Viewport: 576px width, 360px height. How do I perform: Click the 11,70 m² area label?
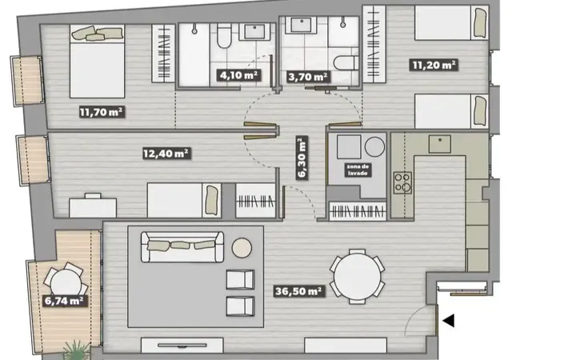click(x=102, y=112)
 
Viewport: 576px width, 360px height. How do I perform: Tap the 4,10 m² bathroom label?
click(x=239, y=76)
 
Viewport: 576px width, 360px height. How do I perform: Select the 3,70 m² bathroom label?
click(x=308, y=77)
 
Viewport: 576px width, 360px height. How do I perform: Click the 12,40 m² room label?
click(x=166, y=153)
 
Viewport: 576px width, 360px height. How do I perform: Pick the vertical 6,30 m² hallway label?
click(x=302, y=158)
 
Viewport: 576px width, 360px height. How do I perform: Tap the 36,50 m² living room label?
click(x=299, y=291)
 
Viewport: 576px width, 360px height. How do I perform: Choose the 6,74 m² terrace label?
click(x=65, y=301)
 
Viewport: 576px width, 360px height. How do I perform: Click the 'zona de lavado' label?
click(x=358, y=170)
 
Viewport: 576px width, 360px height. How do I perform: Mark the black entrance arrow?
click(x=449, y=320)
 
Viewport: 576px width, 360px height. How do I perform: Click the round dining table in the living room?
click(x=357, y=276)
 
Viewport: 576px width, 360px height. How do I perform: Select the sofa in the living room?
click(x=182, y=246)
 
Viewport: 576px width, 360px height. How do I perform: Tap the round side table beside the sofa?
click(x=242, y=247)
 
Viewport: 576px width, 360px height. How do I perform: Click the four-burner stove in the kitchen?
click(x=402, y=182)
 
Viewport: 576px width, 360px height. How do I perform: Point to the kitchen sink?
click(x=440, y=144)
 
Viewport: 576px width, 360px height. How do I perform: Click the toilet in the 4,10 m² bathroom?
click(x=224, y=36)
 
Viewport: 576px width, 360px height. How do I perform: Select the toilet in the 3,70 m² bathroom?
click(x=346, y=63)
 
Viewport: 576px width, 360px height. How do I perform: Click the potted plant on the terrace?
click(x=76, y=350)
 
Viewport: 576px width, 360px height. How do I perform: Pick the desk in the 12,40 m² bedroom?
click(x=93, y=207)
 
